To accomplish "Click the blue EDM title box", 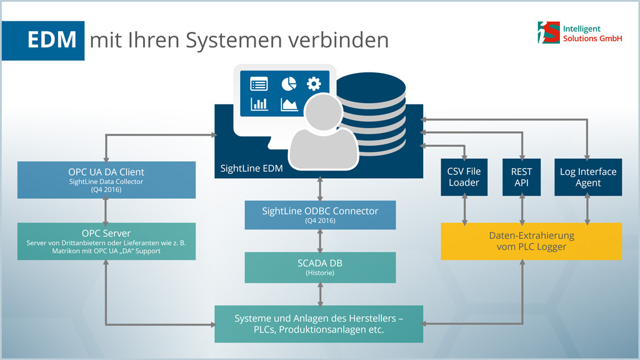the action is (43, 41).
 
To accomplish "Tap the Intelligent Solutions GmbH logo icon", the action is (549, 32).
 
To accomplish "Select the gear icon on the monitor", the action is (314, 84).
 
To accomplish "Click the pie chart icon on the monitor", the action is (289, 84).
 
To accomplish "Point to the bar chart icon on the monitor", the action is (259, 104).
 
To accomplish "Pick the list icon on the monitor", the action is (259, 84).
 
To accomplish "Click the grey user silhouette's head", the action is (323, 112).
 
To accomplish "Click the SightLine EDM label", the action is (251, 168).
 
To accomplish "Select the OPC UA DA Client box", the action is (106, 180).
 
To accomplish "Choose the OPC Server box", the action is (106, 241).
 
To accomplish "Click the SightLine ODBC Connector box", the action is (320, 215).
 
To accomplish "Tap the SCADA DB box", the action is (320, 267).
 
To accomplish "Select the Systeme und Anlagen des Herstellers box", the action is (319, 324).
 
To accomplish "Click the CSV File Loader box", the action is (464, 177).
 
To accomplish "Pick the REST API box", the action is (522, 177).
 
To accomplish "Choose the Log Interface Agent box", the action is (588, 177).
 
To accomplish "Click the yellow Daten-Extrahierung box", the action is (531, 241).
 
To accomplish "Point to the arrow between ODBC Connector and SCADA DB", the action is (320, 241).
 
